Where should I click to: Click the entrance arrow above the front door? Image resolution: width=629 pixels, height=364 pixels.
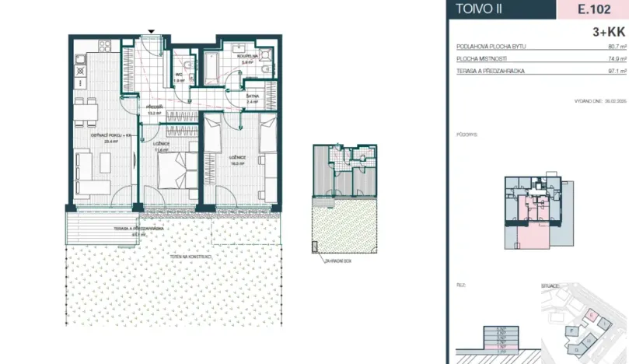[151, 31]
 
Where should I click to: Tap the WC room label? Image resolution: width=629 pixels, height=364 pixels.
[179, 75]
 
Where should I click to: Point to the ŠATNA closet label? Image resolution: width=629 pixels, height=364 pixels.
[252, 96]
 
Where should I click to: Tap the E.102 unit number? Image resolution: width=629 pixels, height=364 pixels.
[592, 9]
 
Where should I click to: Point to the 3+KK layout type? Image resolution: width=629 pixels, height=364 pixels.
[608, 32]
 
